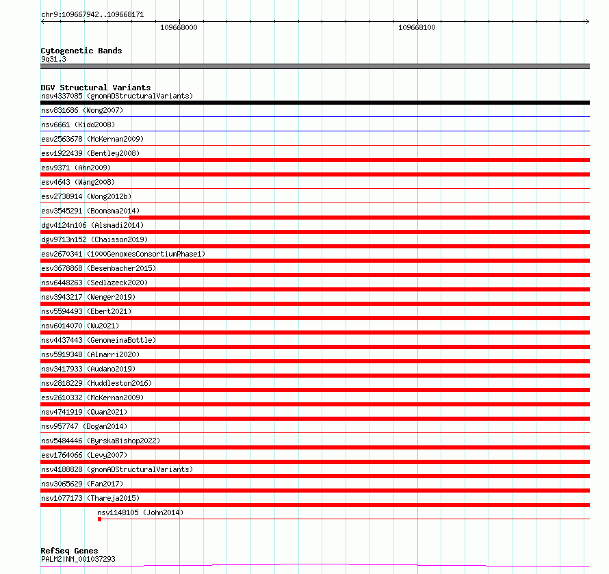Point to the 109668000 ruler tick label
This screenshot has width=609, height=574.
click(179, 27)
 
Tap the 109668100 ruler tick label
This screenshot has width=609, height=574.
click(417, 27)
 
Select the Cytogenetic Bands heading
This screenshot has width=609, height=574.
click(81, 51)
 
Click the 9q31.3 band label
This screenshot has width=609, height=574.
click(53, 59)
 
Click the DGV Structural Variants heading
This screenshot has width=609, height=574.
click(95, 88)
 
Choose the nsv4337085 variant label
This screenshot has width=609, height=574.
click(117, 96)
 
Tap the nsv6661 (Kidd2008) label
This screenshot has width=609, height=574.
click(78, 125)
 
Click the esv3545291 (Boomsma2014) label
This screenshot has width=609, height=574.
click(90, 211)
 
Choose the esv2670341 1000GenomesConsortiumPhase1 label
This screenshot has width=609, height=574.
click(123, 254)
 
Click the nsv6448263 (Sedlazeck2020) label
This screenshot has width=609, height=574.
click(94, 283)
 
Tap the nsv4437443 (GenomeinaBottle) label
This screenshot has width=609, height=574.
click(99, 340)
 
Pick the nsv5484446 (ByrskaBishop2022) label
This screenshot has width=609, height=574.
click(101, 441)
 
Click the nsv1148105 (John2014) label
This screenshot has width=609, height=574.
click(140, 512)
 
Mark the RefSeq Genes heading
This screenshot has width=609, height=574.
click(69, 551)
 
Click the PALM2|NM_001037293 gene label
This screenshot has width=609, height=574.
click(78, 559)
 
